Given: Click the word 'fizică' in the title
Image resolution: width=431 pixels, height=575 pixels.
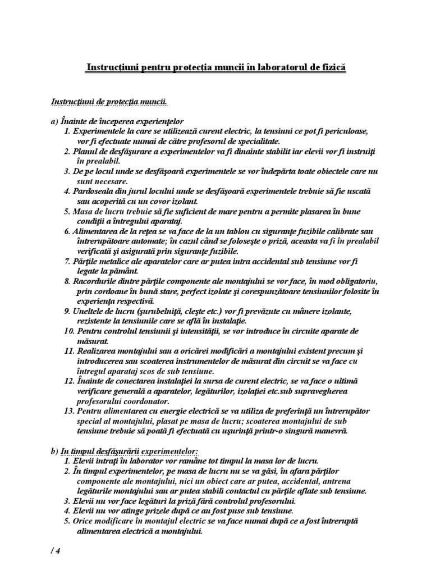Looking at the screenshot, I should tap(332, 68).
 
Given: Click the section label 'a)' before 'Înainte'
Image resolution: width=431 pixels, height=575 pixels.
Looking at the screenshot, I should tap(54, 122).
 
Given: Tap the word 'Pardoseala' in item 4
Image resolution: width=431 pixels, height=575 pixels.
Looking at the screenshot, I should tap(93, 191).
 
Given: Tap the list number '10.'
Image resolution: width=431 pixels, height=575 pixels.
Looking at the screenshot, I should tap(69, 332).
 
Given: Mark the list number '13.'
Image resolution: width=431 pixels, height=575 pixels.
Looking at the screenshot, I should tap(69, 412).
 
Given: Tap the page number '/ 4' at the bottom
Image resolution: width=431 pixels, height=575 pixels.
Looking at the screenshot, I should tap(54, 551).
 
